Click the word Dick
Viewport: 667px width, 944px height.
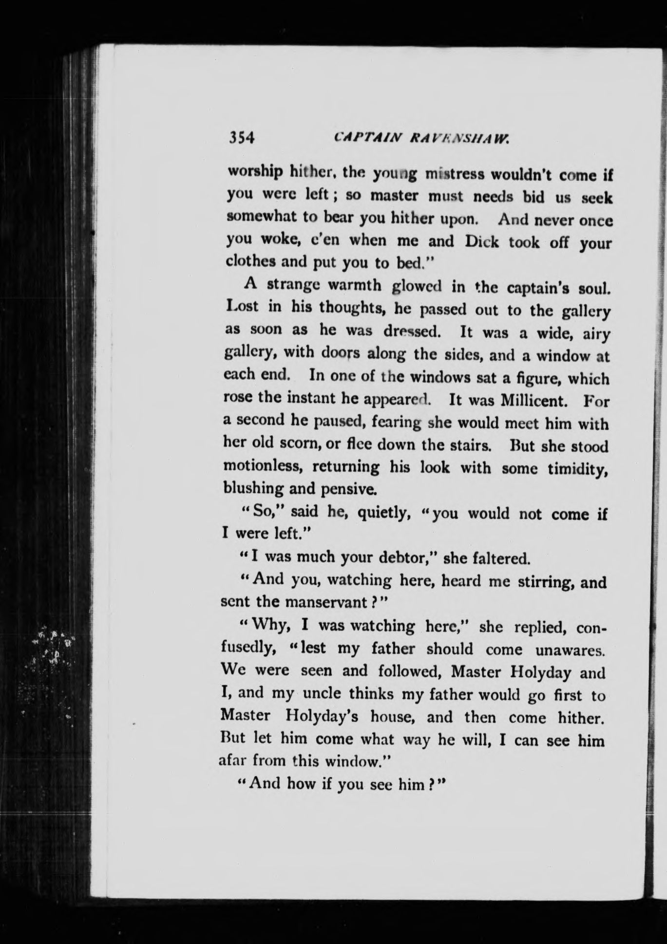click(481, 242)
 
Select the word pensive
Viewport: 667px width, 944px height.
click(348, 488)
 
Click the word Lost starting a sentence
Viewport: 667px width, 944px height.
click(243, 308)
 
